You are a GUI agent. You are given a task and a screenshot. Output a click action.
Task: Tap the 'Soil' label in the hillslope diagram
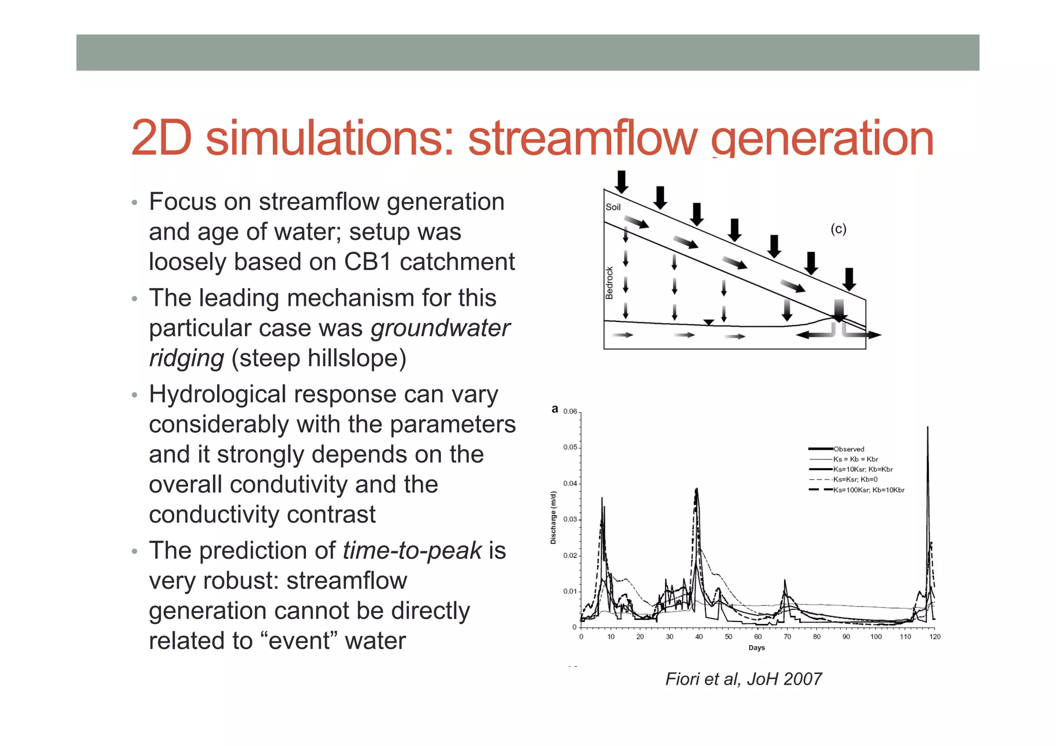(x=613, y=207)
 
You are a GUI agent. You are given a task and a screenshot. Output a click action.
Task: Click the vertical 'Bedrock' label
(x=609, y=283)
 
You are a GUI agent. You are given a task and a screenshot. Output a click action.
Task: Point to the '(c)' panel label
(x=838, y=229)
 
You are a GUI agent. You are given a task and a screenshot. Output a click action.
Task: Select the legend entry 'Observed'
(x=848, y=449)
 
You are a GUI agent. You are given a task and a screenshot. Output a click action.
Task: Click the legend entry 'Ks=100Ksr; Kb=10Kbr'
(x=868, y=490)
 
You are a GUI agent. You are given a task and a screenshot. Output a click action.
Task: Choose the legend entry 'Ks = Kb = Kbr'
(x=855, y=459)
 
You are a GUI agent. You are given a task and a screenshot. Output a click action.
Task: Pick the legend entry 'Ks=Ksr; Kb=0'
(x=855, y=480)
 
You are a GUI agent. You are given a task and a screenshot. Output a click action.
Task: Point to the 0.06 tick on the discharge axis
(x=570, y=411)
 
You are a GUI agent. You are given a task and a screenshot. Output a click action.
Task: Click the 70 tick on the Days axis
(x=787, y=637)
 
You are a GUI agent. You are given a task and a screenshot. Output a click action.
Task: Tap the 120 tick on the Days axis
(x=935, y=637)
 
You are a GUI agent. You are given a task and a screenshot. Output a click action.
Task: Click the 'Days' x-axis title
(x=756, y=648)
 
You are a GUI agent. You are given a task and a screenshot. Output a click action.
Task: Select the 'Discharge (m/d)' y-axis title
(x=553, y=518)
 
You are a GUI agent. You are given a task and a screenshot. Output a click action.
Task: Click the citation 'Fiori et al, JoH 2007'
(x=743, y=679)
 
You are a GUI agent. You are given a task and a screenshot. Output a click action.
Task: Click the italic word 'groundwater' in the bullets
(x=440, y=328)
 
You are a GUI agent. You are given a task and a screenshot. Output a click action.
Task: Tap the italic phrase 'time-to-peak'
(x=412, y=550)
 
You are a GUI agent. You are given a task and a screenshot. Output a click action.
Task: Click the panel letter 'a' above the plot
(x=555, y=409)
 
